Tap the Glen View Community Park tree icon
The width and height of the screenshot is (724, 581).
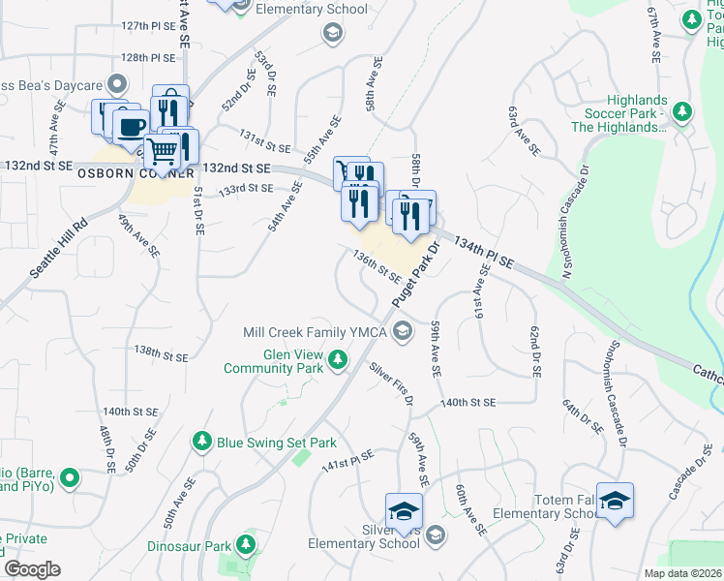coord(338,361)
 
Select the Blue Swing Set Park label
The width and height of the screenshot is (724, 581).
coord(276,443)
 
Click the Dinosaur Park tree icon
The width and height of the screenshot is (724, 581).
coord(246,546)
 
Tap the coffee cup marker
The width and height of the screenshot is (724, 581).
coord(131,127)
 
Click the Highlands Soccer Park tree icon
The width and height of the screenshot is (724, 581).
coord(682,112)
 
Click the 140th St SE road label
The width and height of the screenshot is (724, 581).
coord(468,402)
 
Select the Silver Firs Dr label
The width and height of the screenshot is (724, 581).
coord(391,383)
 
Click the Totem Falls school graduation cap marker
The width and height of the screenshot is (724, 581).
coord(615,500)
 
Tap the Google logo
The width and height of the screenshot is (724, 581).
coord(32,569)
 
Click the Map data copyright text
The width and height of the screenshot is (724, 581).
coord(681,573)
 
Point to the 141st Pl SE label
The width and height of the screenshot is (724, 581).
coord(347,458)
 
